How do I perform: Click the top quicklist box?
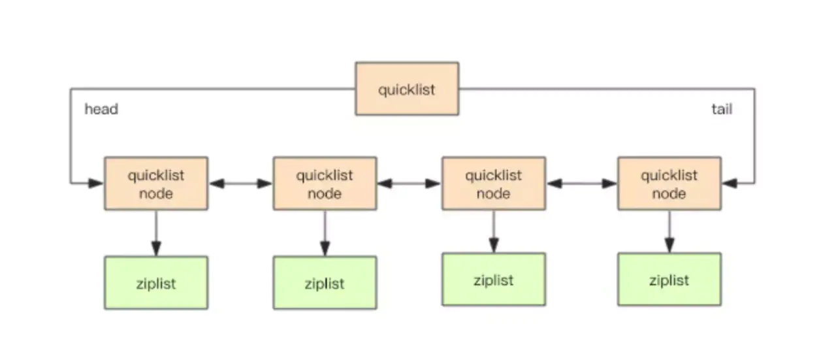point(407,89)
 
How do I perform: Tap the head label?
point(101,109)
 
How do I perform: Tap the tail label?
point(722,109)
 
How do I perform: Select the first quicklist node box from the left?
point(156,184)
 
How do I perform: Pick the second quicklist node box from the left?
point(325,184)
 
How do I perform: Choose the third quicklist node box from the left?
point(494,184)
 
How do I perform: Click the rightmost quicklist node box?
point(669,184)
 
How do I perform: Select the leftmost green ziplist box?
point(156,283)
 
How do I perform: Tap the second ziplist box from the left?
point(325,283)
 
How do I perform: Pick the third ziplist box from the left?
point(494,280)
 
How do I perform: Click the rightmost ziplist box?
point(669,280)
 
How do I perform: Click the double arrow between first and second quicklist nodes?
point(241,184)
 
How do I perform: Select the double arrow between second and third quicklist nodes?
point(410,184)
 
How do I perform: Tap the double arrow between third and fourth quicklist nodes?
point(581,184)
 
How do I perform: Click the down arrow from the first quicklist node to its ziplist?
point(156,233)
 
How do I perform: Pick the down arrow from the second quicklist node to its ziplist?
point(325,233)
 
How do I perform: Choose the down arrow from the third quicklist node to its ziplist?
point(494,232)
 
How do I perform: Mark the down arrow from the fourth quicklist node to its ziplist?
point(669,232)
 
